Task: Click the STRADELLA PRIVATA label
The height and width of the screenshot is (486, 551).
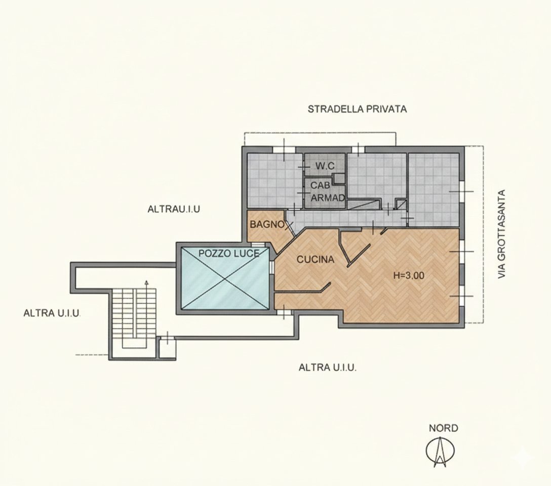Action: pos(357,109)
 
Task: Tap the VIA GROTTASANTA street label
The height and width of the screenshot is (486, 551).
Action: pos(502,234)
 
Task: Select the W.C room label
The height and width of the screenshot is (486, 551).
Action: pos(326,166)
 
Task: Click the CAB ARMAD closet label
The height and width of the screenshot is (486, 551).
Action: pos(327,192)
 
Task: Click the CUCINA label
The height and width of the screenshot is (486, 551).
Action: pos(315,260)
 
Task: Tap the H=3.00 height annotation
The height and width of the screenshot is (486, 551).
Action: pos(409,276)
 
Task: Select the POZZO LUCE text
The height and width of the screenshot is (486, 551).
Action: pos(229,253)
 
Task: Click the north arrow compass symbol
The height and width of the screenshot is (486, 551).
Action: pos(440,451)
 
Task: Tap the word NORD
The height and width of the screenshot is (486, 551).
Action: pos(443,428)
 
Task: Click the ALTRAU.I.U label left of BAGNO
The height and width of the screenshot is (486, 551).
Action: pos(173,209)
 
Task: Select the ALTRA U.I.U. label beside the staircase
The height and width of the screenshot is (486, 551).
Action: pos(52,313)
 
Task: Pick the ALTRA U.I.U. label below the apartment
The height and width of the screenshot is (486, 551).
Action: pos(327,368)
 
